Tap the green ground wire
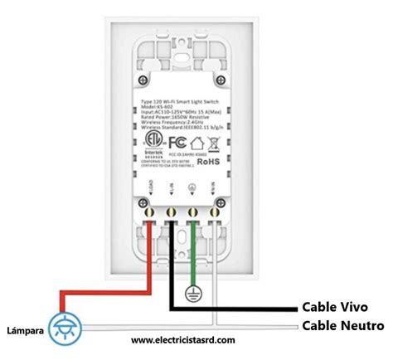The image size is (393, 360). coord(194,257)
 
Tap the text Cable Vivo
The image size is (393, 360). coord(334,306)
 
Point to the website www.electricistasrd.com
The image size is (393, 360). coord(183,340)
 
